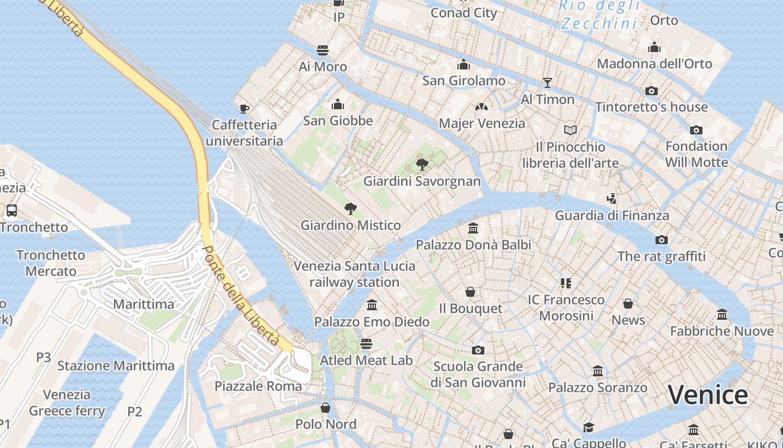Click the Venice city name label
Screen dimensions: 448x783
point(707,395)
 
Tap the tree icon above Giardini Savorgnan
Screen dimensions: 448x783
point(422,165)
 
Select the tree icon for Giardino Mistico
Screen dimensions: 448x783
point(351,209)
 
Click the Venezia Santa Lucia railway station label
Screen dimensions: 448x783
point(355,274)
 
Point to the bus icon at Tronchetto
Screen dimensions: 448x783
point(11,211)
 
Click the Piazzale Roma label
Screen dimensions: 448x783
point(258,386)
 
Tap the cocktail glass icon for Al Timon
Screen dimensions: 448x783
point(548,83)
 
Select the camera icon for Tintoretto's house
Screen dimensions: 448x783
point(652,91)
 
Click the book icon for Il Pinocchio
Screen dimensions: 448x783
point(570,130)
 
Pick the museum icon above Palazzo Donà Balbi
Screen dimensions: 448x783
point(473,228)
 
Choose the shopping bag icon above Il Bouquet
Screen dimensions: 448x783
point(470,292)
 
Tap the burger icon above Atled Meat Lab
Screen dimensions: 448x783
point(366,343)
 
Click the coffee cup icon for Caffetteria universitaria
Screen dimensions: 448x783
point(244,108)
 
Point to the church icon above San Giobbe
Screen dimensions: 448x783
point(338,104)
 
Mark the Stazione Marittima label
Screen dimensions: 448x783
point(116,366)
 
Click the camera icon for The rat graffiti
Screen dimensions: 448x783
point(662,240)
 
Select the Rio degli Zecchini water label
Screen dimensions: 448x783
point(599,15)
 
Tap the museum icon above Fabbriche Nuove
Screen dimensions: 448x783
point(722,315)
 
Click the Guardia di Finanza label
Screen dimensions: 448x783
point(612,215)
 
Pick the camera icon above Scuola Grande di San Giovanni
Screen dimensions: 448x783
point(478,351)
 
